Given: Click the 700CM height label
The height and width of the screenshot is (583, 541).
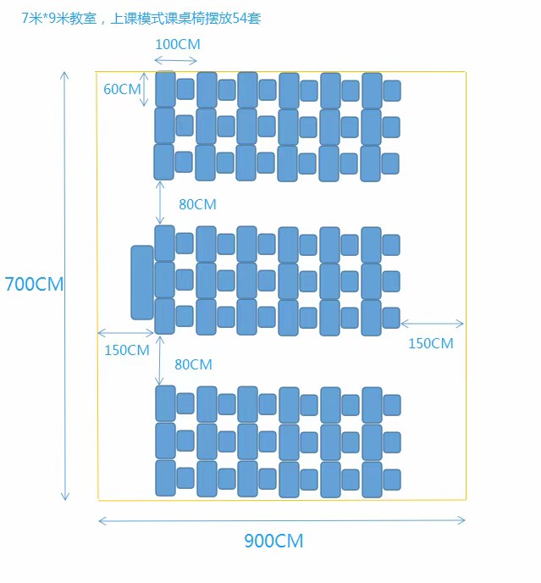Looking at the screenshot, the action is point(34,284).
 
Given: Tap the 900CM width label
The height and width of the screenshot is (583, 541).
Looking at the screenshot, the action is point(273,541).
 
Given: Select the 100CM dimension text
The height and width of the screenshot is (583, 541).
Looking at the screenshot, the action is point(178,44).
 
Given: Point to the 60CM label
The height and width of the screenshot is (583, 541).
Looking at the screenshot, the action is point(122,89).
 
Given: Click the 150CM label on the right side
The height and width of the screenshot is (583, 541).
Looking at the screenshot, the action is point(431,343).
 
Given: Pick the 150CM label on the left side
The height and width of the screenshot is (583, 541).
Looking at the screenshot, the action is point(127,350).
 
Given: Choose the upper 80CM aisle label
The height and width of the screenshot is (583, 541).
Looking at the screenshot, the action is point(197,204).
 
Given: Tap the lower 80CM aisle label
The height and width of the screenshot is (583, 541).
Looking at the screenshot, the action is point(193,364).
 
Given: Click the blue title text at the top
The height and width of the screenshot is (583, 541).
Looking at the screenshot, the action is point(141,18).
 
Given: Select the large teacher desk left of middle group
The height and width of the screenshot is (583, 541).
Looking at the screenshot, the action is point(142,282).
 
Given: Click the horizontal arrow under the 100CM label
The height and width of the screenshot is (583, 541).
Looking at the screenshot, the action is point(175,61).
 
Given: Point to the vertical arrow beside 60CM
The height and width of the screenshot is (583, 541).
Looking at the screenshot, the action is point(144,89).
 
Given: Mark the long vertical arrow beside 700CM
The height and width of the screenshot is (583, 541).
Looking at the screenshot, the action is point(64,286).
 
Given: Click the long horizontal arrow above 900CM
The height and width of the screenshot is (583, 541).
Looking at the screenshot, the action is point(282,520).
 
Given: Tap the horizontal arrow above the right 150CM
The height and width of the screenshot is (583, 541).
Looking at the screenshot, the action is point(432,324).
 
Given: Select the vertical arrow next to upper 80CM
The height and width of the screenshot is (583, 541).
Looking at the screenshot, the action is point(160,203).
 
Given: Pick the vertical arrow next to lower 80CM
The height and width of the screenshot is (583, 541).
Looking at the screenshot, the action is point(159,360).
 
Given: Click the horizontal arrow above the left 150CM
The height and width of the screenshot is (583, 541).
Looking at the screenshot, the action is point(125,333).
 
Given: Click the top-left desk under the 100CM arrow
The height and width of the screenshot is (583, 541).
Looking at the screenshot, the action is point(165,89).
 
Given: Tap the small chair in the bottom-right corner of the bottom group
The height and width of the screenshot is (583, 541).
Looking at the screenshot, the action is point(392,480).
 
